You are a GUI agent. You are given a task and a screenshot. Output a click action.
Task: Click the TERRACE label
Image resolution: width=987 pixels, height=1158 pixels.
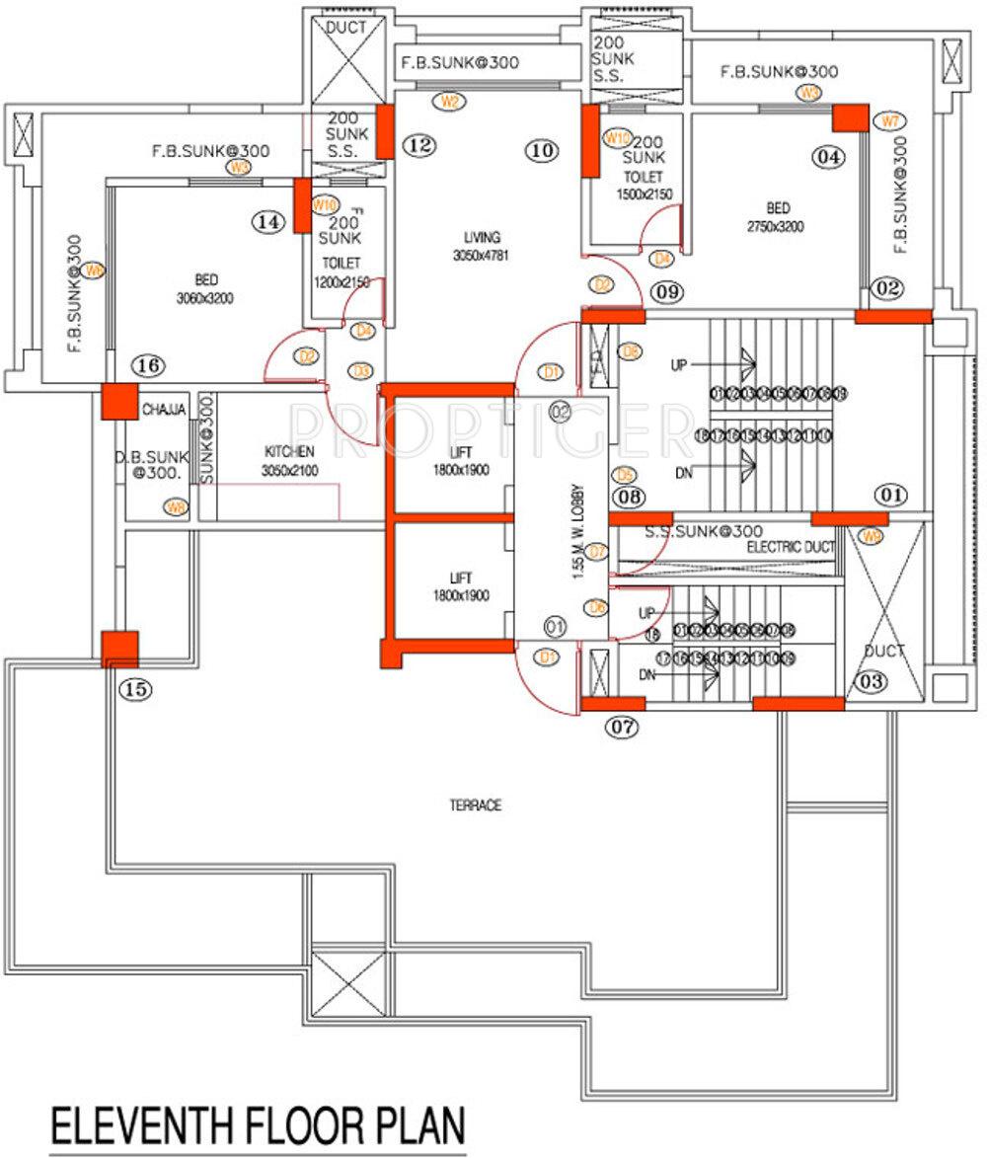(476, 806)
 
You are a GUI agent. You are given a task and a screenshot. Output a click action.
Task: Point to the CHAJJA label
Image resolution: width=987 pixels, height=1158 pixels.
(163, 409)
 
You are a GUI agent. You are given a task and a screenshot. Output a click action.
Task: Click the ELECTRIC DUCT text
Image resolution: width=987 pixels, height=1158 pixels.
(791, 546)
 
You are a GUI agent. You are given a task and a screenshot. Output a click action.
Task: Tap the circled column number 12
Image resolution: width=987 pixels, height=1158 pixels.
(419, 146)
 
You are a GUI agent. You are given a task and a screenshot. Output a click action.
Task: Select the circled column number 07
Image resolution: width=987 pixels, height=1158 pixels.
(623, 728)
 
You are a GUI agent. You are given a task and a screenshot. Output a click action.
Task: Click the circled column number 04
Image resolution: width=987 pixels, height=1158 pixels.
(829, 156)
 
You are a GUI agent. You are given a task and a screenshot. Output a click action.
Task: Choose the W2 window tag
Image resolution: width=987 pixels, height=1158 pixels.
(450, 101)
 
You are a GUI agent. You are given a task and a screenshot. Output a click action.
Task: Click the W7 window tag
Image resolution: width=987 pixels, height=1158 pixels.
(890, 121)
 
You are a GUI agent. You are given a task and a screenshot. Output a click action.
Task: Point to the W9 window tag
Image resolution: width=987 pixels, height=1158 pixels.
(870, 537)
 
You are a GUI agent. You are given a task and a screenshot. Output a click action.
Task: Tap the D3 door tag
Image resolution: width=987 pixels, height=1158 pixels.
(361, 371)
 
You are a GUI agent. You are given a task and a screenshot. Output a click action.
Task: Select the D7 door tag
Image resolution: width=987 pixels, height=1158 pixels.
(596, 551)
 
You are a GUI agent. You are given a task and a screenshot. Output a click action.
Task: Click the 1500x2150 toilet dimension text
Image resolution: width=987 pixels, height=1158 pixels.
(645, 194)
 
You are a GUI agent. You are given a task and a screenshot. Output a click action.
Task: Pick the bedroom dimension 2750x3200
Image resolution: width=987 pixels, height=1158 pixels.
(778, 225)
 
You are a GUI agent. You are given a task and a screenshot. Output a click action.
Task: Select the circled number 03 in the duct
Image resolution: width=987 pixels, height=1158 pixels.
(870, 680)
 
